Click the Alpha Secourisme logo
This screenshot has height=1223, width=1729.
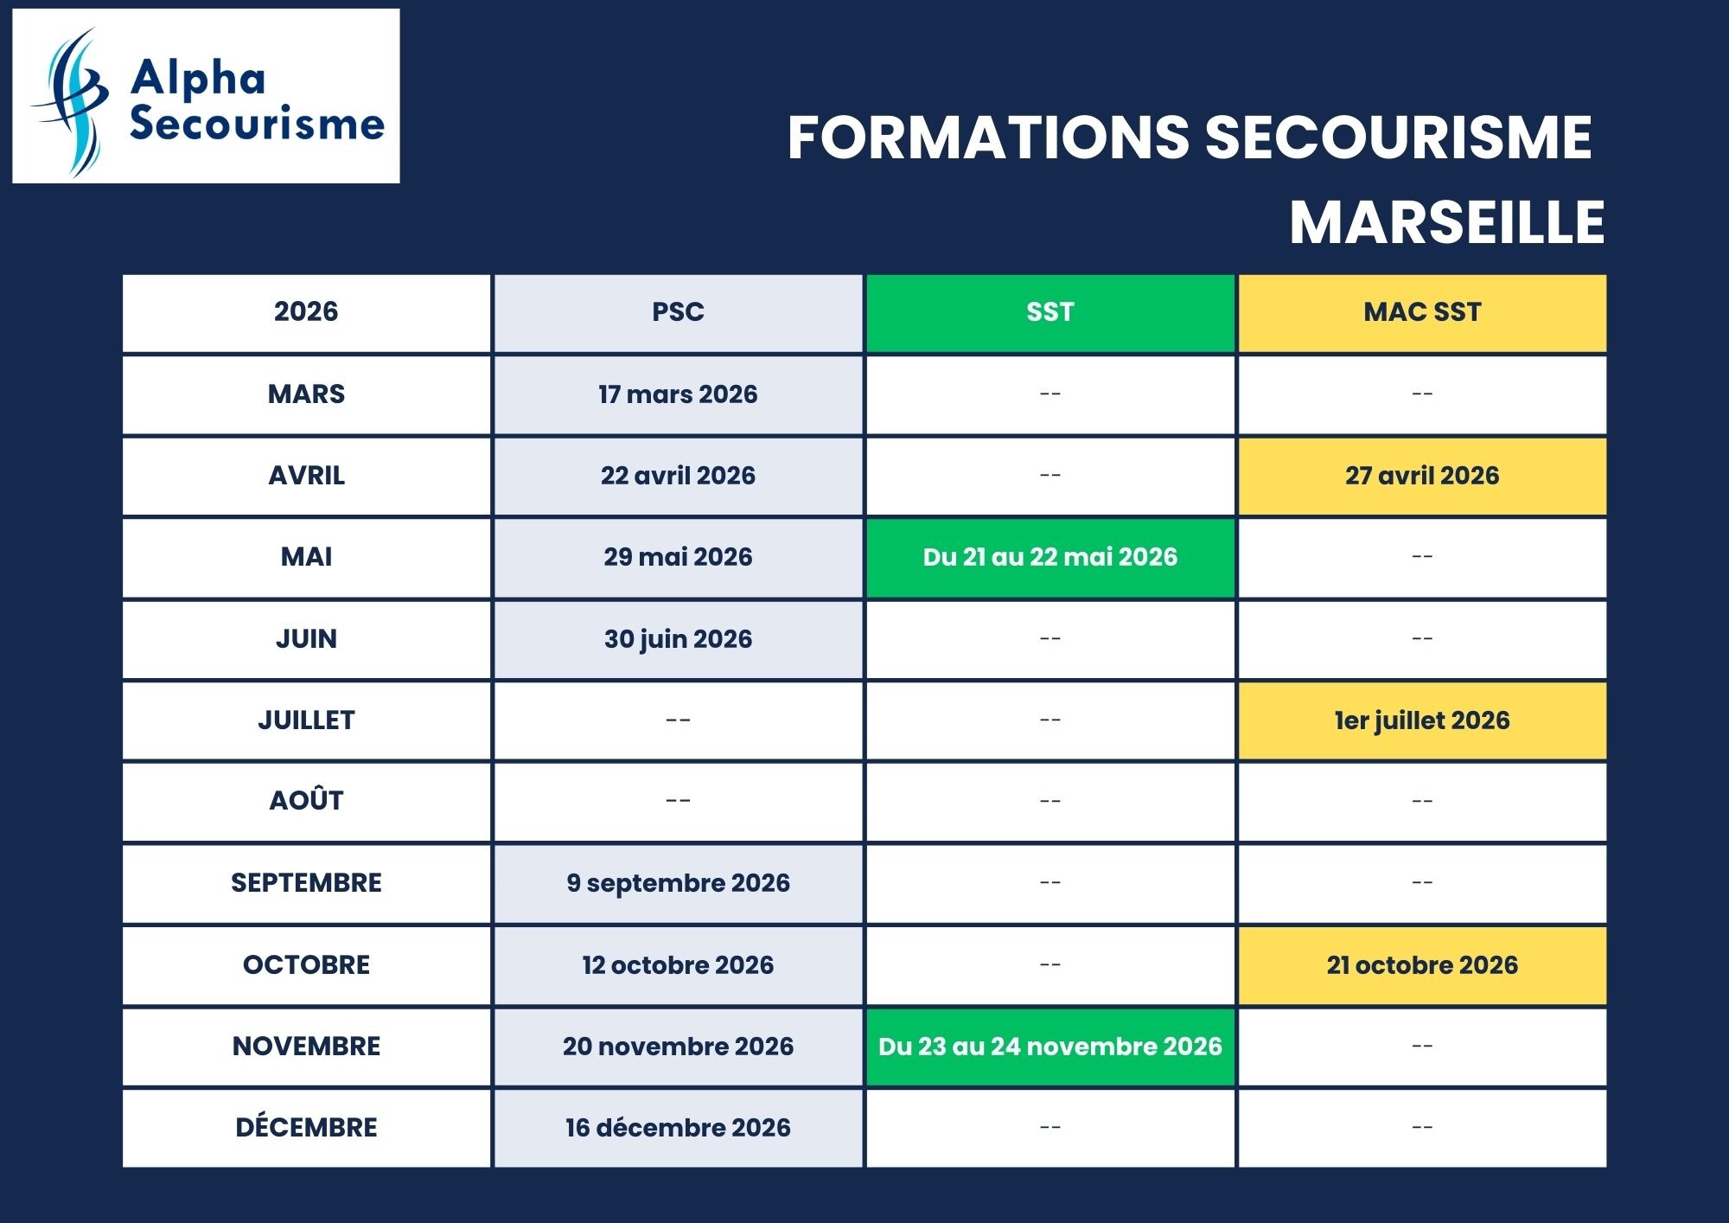(206, 96)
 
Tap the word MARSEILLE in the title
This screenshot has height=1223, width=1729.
(1446, 222)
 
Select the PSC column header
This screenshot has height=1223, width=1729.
(678, 312)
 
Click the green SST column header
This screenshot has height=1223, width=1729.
(1050, 312)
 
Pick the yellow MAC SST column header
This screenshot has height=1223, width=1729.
(1422, 312)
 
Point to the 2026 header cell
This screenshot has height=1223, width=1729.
(306, 312)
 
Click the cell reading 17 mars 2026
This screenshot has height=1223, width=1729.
(678, 394)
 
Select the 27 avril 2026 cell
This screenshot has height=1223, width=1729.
(1422, 476)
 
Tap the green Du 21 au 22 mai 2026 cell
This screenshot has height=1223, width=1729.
(1050, 557)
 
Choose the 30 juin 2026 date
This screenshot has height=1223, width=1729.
(678, 639)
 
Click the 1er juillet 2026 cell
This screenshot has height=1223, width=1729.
(1422, 720)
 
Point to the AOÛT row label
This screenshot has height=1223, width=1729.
(306, 801)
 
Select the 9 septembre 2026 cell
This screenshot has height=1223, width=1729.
(678, 883)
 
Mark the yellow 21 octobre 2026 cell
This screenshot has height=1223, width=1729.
(1422, 965)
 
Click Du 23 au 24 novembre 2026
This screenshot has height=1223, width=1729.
(1050, 1047)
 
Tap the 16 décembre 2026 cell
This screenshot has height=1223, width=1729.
(678, 1128)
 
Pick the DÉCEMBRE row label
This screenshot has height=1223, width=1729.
(306, 1128)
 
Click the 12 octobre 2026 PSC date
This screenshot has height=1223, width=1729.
(678, 965)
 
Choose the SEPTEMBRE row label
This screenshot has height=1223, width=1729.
(306, 883)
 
